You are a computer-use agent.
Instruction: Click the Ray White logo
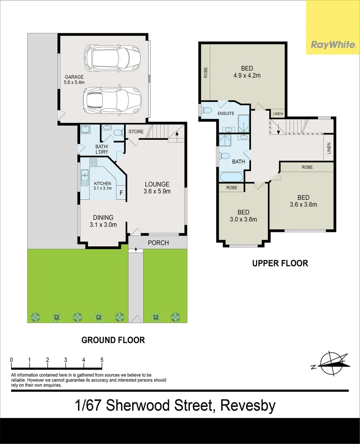pyautogui.click(x=333, y=45)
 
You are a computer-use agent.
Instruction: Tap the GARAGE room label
pyautogui.click(x=74, y=77)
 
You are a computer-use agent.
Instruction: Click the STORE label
pyautogui.click(x=136, y=132)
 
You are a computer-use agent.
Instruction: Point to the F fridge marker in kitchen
pyautogui.click(x=121, y=193)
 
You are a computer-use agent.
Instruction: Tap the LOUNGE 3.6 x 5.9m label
pyautogui.click(x=157, y=188)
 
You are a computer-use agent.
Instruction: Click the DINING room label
pyautogui.click(x=103, y=217)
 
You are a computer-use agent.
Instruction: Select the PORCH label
pyautogui.click(x=158, y=243)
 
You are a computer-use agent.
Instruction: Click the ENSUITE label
pyautogui.click(x=226, y=113)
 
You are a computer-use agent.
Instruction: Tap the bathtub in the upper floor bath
pyautogui.click(x=231, y=177)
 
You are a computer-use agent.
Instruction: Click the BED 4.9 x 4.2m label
pyautogui.click(x=247, y=72)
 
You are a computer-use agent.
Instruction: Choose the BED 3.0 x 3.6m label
pyautogui.click(x=243, y=216)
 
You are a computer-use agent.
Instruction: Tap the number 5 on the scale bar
pyautogui.click(x=102, y=360)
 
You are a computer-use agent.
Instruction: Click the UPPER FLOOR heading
pyautogui.click(x=280, y=264)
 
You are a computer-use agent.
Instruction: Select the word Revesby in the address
pyautogui.click(x=248, y=406)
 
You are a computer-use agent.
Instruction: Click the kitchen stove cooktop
pyautogui.click(x=93, y=162)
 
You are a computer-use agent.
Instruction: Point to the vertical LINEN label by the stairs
pyautogui.click(x=329, y=148)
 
